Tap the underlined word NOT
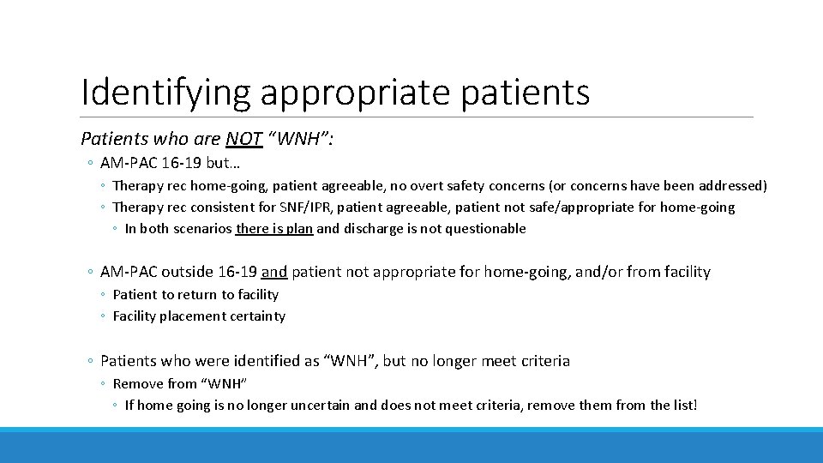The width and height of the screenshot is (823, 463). pos(244,139)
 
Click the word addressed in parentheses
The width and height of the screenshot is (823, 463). pos(730,185)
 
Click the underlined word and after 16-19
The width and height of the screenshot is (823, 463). pos(274,272)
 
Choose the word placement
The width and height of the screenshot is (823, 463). pos(193,316)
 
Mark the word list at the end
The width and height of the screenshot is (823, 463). pos(684,405)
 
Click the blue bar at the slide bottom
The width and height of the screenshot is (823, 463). pos(411,445)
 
